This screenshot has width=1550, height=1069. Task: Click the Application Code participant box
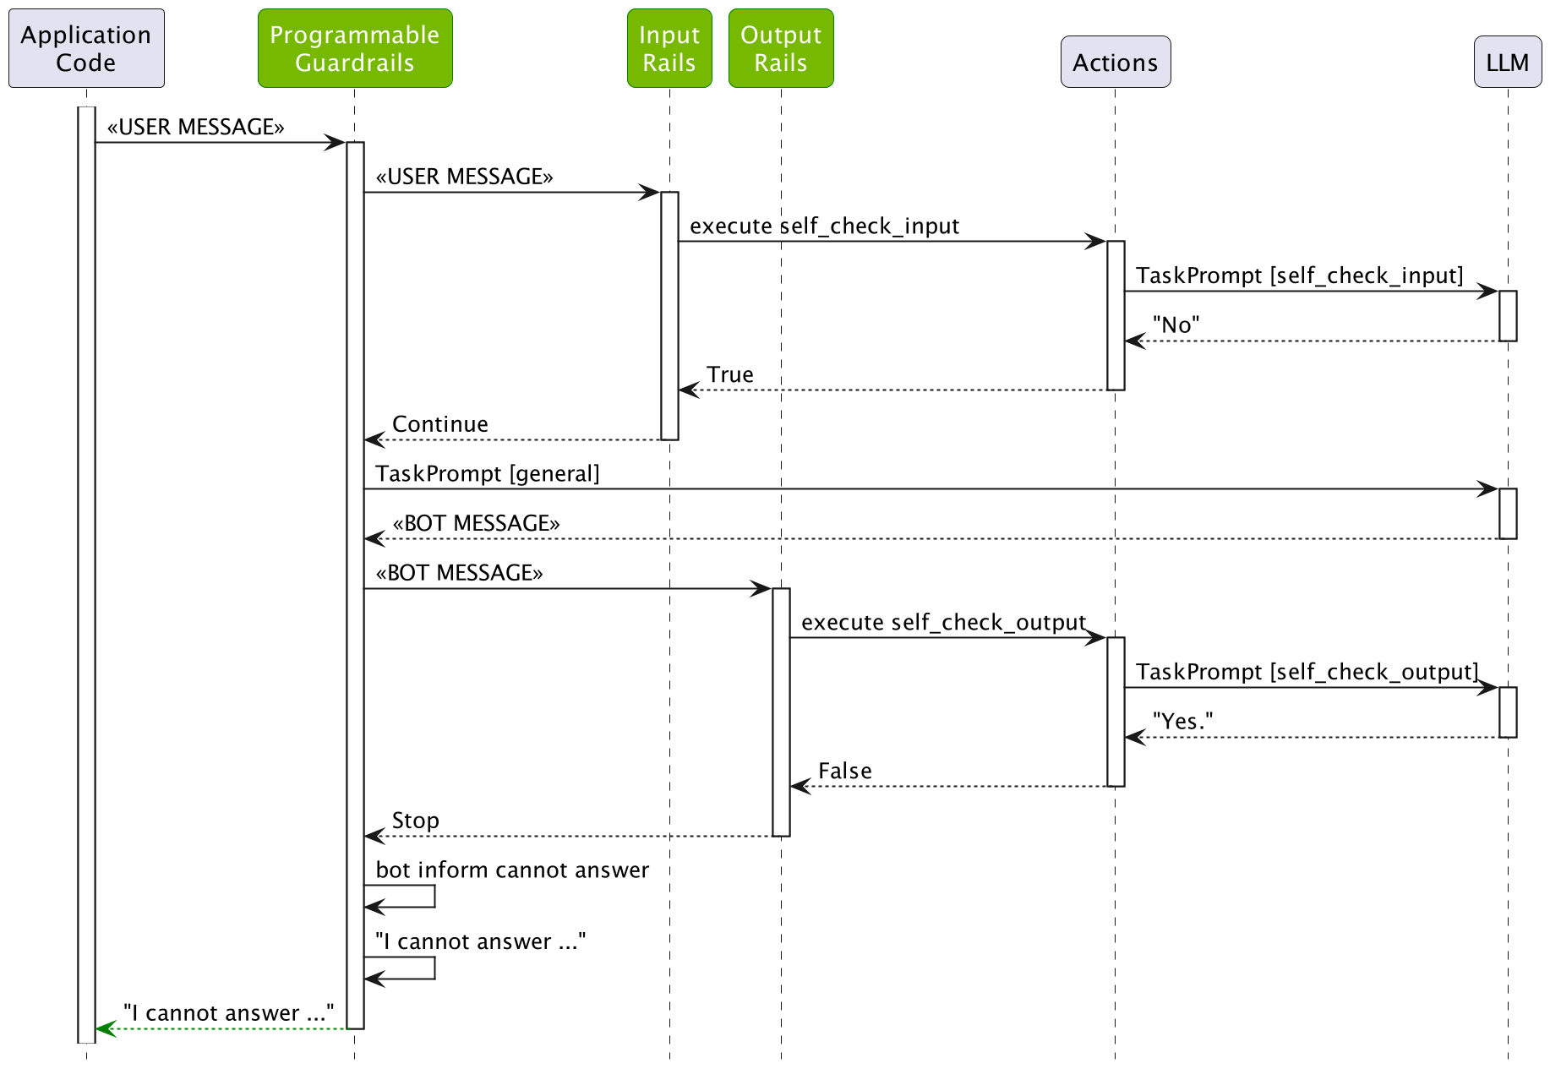click(86, 48)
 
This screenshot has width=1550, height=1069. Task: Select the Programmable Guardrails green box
click(355, 48)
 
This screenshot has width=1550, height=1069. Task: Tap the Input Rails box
click(669, 48)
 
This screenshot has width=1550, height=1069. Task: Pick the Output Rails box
click(781, 48)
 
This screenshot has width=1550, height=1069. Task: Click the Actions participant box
click(1116, 62)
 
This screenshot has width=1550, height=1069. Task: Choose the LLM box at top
click(1507, 62)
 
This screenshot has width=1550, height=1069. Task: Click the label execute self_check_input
click(824, 226)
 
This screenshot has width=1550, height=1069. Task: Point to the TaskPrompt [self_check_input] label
click(1299, 275)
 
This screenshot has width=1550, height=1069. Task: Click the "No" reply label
click(1176, 325)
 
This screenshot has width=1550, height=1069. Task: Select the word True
click(729, 374)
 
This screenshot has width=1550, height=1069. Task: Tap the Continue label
click(439, 424)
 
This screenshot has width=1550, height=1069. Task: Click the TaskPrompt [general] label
click(488, 474)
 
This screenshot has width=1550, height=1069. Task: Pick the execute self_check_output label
click(943, 623)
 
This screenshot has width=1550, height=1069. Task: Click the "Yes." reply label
click(1182, 722)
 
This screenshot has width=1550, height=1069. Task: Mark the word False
click(844, 771)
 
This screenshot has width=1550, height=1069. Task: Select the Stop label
click(415, 821)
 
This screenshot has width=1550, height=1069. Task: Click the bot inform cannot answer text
click(512, 870)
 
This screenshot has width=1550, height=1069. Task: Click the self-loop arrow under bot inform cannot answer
click(434, 897)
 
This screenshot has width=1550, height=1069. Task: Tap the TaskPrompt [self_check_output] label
click(1307, 672)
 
